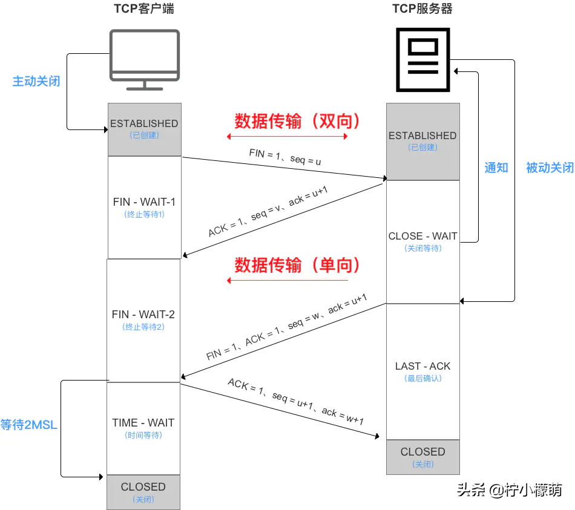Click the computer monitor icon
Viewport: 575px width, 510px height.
pos(144,59)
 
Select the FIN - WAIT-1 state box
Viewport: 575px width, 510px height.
pos(144,207)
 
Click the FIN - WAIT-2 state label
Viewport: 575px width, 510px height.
pos(143,315)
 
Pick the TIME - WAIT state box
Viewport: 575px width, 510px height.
pos(143,428)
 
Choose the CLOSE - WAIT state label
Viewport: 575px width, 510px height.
pos(422,237)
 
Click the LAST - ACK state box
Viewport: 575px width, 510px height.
pos(422,371)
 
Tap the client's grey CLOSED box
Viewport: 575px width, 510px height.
pos(143,492)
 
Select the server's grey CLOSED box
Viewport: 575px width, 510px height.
pos(422,457)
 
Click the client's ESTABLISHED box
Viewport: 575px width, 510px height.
pos(144,128)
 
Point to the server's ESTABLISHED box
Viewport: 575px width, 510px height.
pos(422,141)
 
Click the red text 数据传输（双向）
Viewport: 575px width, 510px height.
pos(297,122)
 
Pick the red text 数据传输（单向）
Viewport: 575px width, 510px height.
pos(297,265)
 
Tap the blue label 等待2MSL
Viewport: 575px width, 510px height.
pos(28,425)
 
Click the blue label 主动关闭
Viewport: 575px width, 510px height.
pos(36,81)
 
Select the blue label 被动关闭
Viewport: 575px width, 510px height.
pos(549,168)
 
